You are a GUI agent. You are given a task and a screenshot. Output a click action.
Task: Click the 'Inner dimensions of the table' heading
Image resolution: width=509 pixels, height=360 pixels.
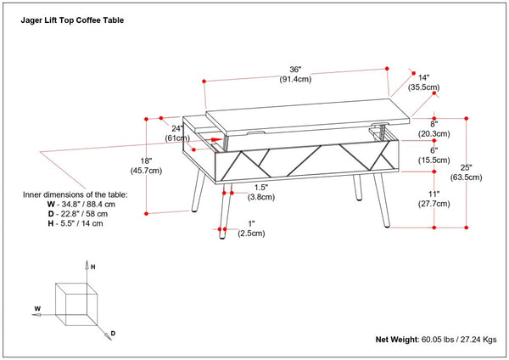coord(75,194)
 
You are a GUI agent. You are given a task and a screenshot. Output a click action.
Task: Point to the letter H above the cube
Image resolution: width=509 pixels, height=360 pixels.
coord(93,267)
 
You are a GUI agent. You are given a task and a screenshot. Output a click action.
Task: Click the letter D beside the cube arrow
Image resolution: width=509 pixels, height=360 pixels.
coord(112,334)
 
